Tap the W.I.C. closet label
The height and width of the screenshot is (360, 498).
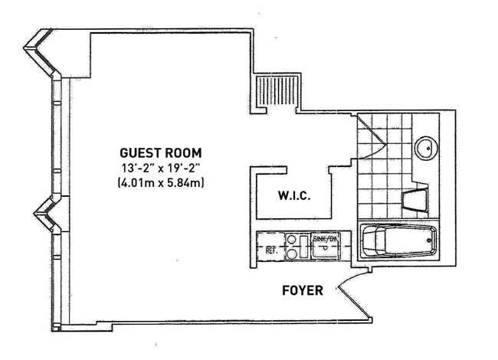point(293,196)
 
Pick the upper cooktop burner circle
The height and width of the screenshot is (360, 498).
point(292,239)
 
